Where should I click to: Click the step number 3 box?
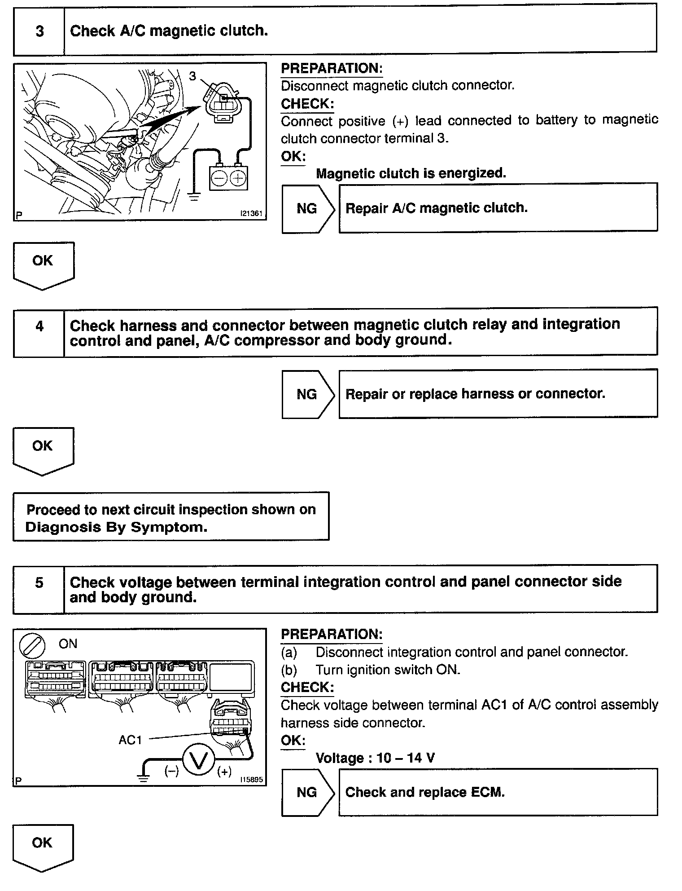[x=39, y=31]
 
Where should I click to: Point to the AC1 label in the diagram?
[x=130, y=740]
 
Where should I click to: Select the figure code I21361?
[x=251, y=214]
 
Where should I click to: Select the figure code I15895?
[x=251, y=780]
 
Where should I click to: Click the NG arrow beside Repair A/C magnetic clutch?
[x=308, y=208]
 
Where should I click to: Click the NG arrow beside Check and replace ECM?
[x=308, y=793]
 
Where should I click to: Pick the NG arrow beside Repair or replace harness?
[x=308, y=394]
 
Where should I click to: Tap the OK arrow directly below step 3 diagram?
[x=43, y=264]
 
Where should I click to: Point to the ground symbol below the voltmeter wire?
[x=144, y=778]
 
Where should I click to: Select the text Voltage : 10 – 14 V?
[x=375, y=758]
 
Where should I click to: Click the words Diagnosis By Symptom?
[x=117, y=527]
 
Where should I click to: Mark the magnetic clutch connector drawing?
[x=223, y=104]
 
